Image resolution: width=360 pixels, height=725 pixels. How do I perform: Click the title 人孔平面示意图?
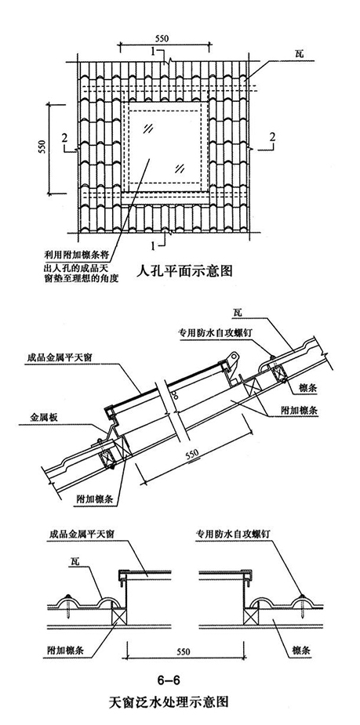185,273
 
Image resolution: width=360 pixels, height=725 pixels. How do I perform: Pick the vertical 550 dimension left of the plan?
43,148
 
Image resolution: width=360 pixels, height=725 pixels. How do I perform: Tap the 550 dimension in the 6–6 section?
180,651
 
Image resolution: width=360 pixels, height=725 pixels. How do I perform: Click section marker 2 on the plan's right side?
271,138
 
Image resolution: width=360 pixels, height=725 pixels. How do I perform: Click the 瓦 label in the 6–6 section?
73,558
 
